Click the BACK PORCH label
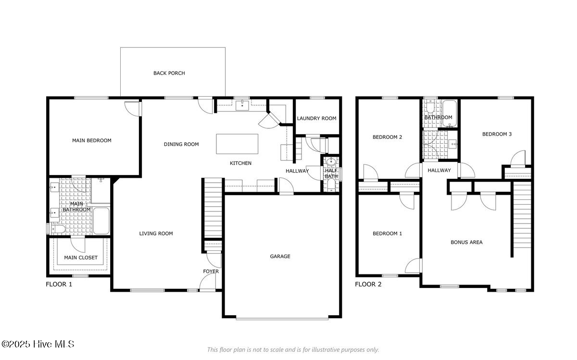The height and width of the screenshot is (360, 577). click(x=169, y=73)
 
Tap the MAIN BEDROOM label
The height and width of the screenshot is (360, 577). click(x=92, y=141)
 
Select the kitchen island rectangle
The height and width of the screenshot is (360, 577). click(x=237, y=144)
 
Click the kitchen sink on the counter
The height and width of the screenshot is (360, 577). click(x=242, y=106)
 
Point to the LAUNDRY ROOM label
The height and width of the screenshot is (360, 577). click(x=316, y=118)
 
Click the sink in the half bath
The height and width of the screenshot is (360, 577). click(x=331, y=162)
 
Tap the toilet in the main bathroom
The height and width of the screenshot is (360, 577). click(x=59, y=229)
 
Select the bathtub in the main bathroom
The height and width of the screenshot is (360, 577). click(x=101, y=221)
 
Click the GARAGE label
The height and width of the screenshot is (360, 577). click(x=280, y=257)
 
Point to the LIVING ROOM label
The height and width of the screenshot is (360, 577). click(x=156, y=234)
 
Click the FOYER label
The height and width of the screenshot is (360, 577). click(x=211, y=272)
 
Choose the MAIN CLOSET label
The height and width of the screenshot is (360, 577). click(x=81, y=258)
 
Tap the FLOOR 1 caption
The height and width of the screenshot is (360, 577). click(x=59, y=284)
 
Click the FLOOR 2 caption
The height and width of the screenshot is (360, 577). click(x=368, y=284)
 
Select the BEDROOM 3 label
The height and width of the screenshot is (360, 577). click(x=497, y=134)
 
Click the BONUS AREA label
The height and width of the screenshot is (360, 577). click(x=466, y=242)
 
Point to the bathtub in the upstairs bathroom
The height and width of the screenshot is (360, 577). click(x=450, y=113)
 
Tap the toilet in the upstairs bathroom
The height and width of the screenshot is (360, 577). click(x=430, y=107)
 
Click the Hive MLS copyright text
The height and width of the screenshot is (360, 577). click(x=38, y=344)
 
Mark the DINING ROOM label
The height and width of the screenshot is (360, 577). click(x=181, y=145)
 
